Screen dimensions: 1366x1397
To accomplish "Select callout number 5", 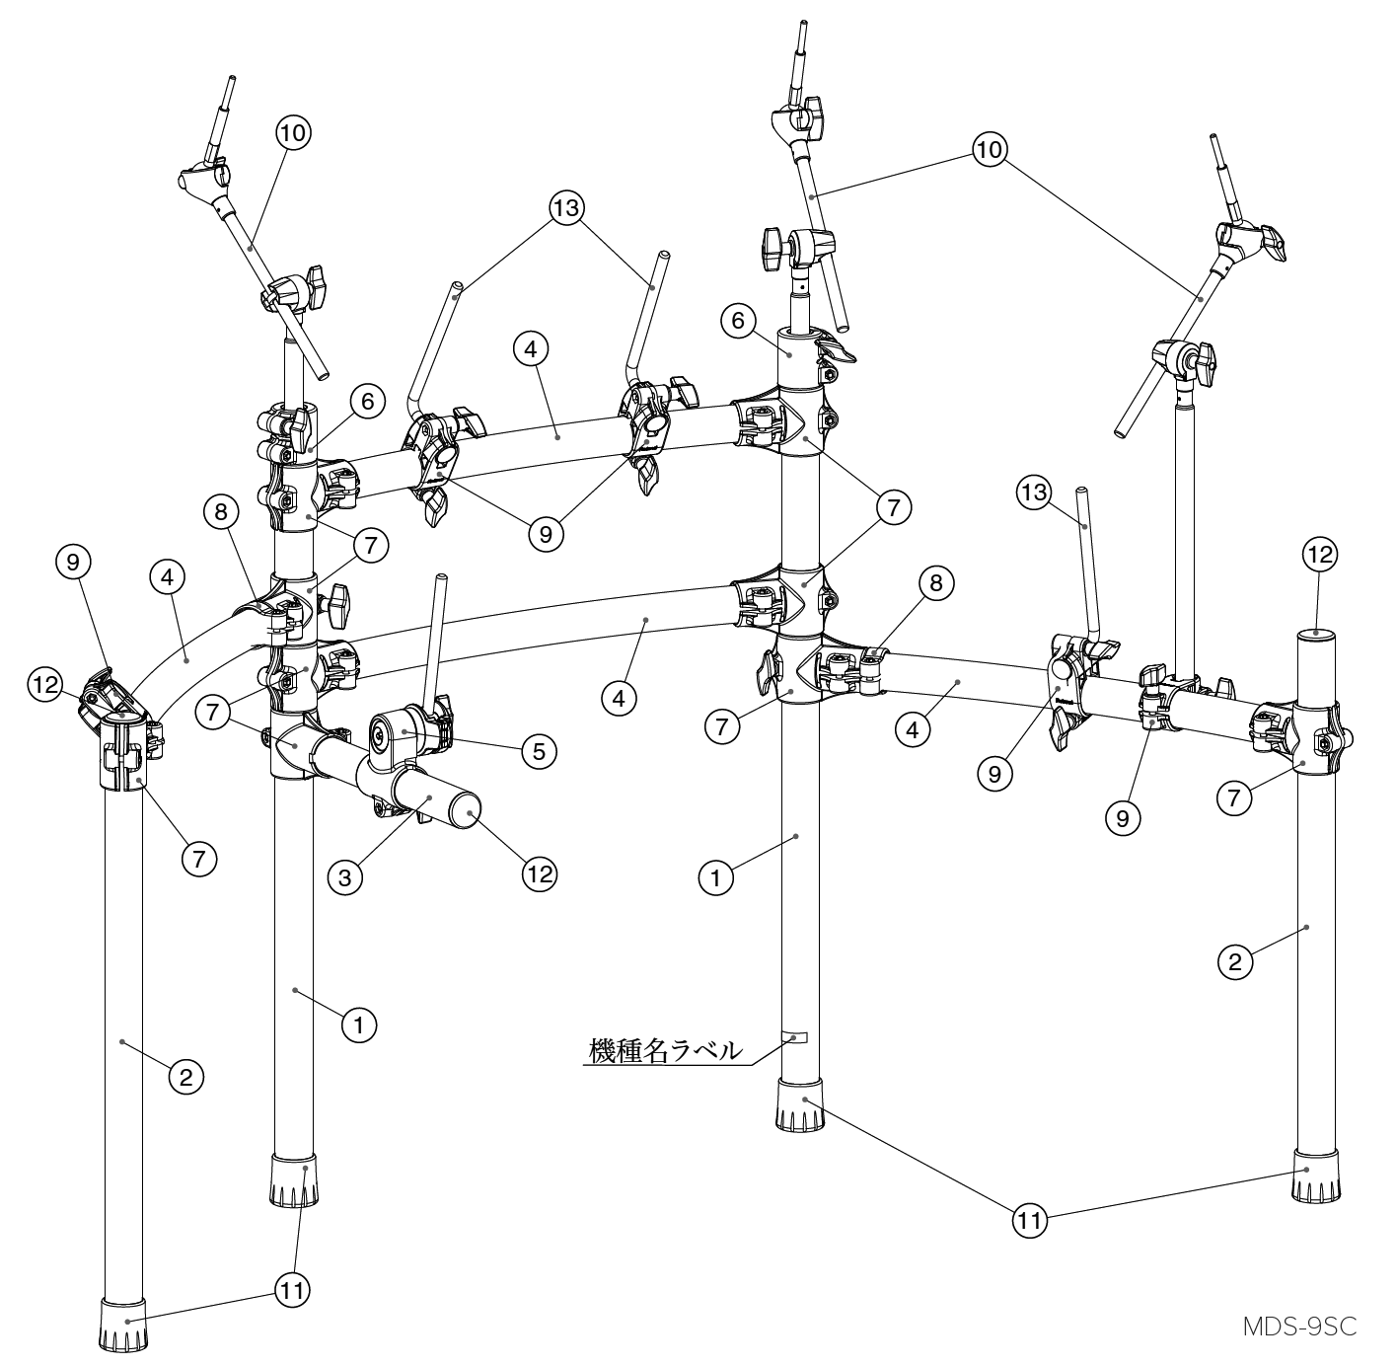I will point(538,751).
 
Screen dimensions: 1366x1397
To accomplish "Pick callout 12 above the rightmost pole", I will point(1320,555).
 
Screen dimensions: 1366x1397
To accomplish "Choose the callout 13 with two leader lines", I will point(568,208).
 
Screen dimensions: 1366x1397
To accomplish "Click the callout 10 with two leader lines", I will point(988,148).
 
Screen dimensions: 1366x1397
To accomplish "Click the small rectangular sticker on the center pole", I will point(794,1038).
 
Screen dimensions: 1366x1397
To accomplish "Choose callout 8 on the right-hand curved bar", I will point(935,583).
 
